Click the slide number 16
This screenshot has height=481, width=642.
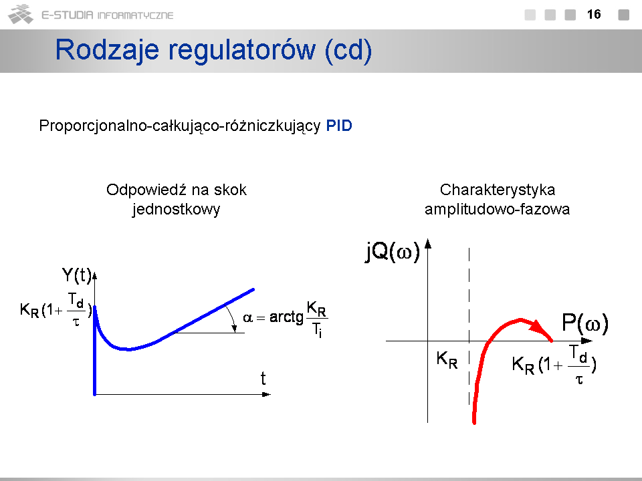(594, 14)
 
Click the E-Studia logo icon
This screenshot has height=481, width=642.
(21, 14)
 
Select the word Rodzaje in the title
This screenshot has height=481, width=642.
(107, 50)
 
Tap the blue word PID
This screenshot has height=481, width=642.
(339, 126)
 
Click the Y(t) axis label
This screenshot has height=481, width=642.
(76, 275)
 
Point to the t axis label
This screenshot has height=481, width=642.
(263, 378)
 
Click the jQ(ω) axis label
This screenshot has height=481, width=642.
(393, 251)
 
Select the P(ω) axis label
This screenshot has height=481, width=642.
(585, 323)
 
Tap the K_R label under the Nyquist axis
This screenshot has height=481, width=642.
(447, 360)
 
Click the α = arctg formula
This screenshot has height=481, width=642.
(286, 319)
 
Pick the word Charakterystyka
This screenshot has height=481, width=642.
(498, 190)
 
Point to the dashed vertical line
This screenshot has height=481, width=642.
(469, 326)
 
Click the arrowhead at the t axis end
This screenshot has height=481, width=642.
(266, 394)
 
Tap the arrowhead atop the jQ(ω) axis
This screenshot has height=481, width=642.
(428, 243)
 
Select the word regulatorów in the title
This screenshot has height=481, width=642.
(242, 50)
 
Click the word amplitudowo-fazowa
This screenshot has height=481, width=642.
(497, 209)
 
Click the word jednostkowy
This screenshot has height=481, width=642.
(176, 209)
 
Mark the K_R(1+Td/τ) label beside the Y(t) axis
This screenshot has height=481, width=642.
(56, 309)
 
